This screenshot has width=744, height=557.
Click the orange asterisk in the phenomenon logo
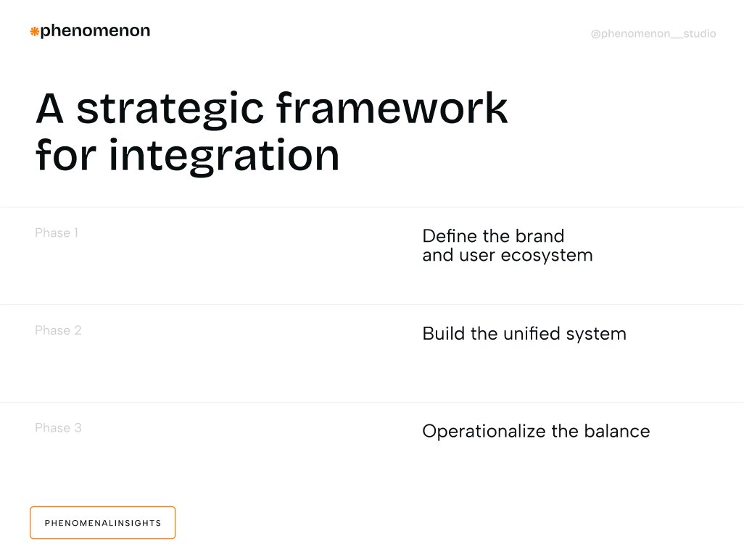[34, 31]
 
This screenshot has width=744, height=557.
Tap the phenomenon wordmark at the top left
[95, 31]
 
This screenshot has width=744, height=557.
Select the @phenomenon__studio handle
[653, 34]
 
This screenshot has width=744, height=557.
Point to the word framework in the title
[392, 109]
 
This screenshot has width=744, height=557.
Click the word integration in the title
[225, 155]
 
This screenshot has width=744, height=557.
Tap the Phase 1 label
[57, 233]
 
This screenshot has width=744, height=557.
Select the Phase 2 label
[58, 331]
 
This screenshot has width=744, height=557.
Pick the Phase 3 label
[58, 428]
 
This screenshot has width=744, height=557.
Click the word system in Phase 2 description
[596, 335]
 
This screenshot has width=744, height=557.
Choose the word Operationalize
[484, 432]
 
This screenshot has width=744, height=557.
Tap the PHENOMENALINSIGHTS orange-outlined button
[103, 523]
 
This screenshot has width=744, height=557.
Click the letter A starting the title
[50, 109]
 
